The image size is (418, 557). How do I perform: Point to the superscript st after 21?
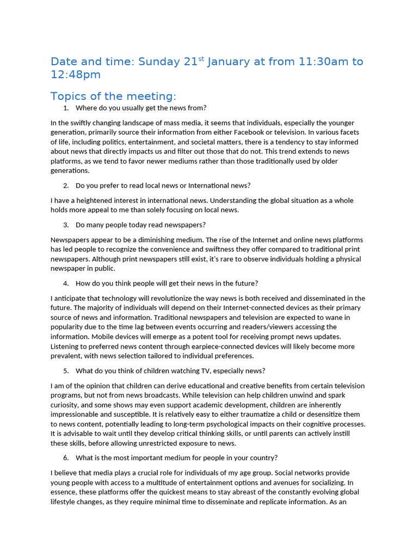[x=201, y=59]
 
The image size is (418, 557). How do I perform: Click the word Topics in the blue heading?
[x=68, y=97]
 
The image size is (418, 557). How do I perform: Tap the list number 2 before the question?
[x=66, y=185]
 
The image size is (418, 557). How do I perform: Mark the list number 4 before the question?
[x=66, y=283]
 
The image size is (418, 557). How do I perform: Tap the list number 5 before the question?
[x=66, y=371]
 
